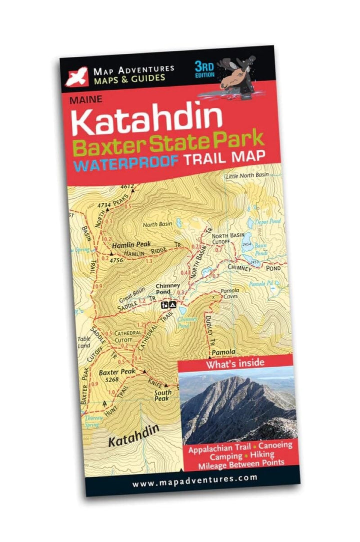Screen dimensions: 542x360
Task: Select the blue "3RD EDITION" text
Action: pos(206,69)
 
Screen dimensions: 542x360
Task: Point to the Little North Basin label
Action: pos(247,176)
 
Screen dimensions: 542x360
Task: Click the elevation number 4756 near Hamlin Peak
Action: pos(116,260)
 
